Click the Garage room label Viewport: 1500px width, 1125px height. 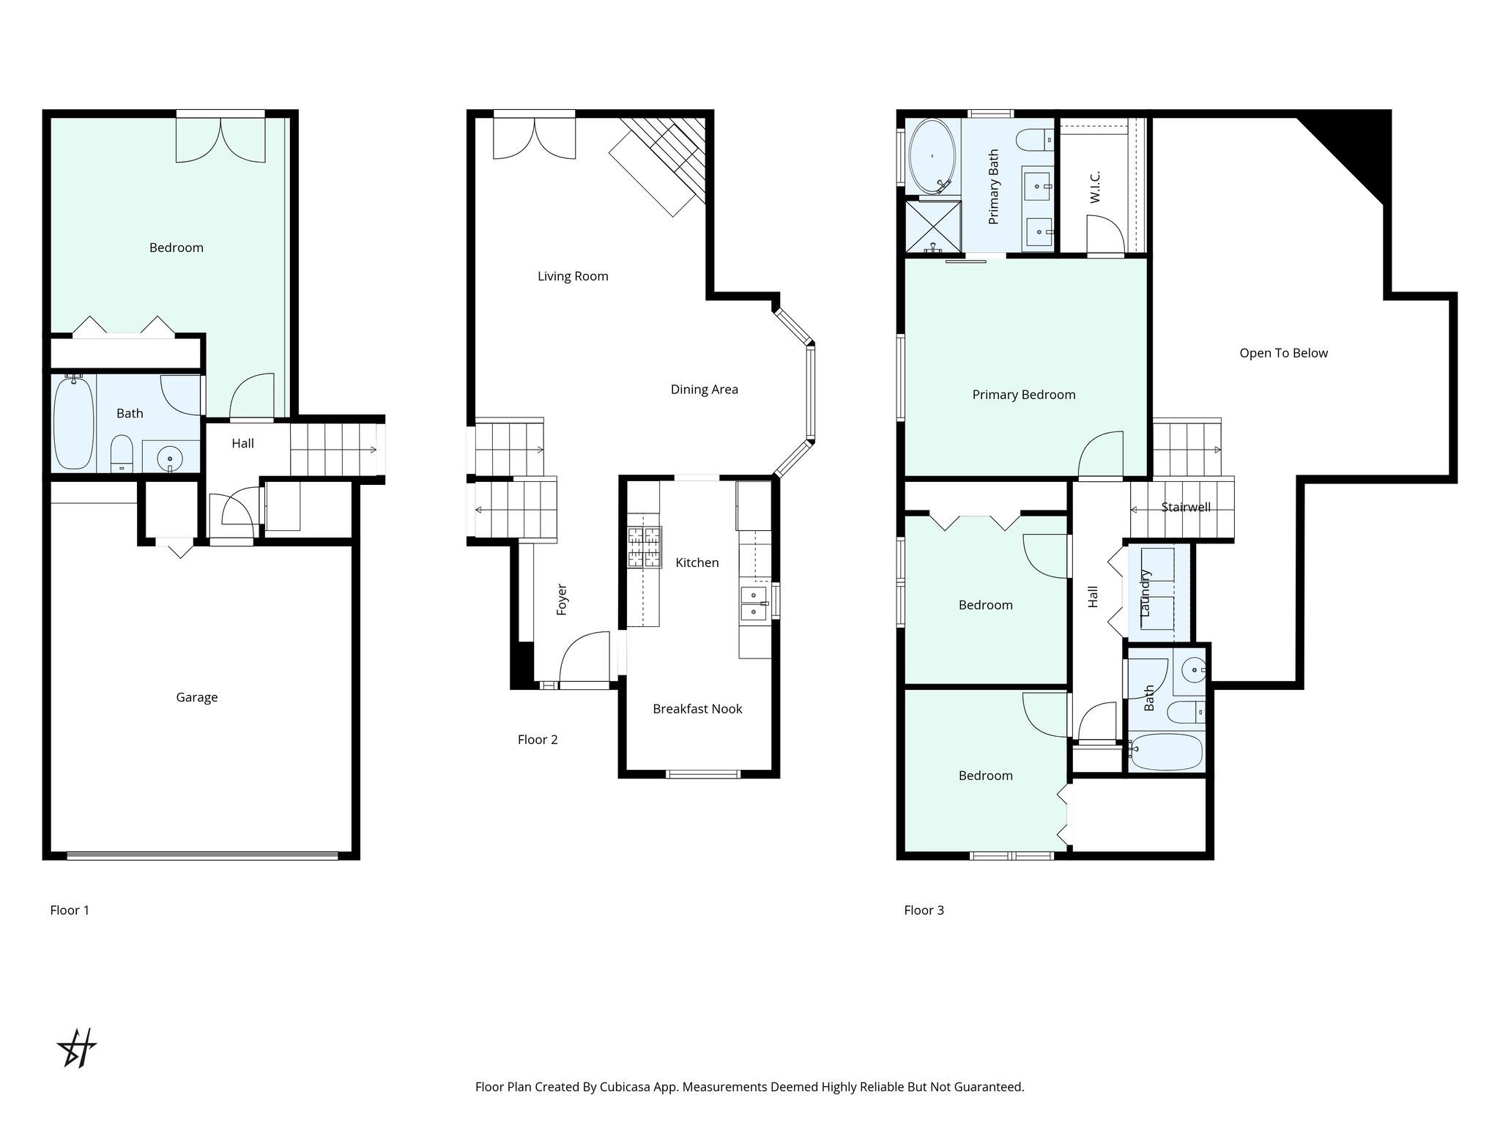[196, 697]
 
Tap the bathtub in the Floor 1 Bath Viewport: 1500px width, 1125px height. [74, 423]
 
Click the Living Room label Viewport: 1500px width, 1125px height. [573, 276]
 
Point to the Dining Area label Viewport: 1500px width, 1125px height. [704, 390]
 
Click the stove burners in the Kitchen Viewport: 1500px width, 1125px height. [644, 547]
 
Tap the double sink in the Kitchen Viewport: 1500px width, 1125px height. [754, 603]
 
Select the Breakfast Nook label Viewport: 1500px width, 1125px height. [697, 709]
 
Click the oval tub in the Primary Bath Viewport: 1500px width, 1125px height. [932, 156]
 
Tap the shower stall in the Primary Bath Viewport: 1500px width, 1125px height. [932, 226]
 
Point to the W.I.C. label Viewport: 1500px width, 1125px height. [1095, 187]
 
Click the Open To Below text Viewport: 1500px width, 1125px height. [1283, 353]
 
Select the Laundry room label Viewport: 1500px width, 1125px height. [1146, 593]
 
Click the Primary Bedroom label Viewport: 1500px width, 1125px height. [1023, 395]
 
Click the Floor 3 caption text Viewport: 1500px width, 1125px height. [924, 910]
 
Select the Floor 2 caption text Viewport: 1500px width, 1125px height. [538, 740]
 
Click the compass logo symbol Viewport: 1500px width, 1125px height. [77, 1047]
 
